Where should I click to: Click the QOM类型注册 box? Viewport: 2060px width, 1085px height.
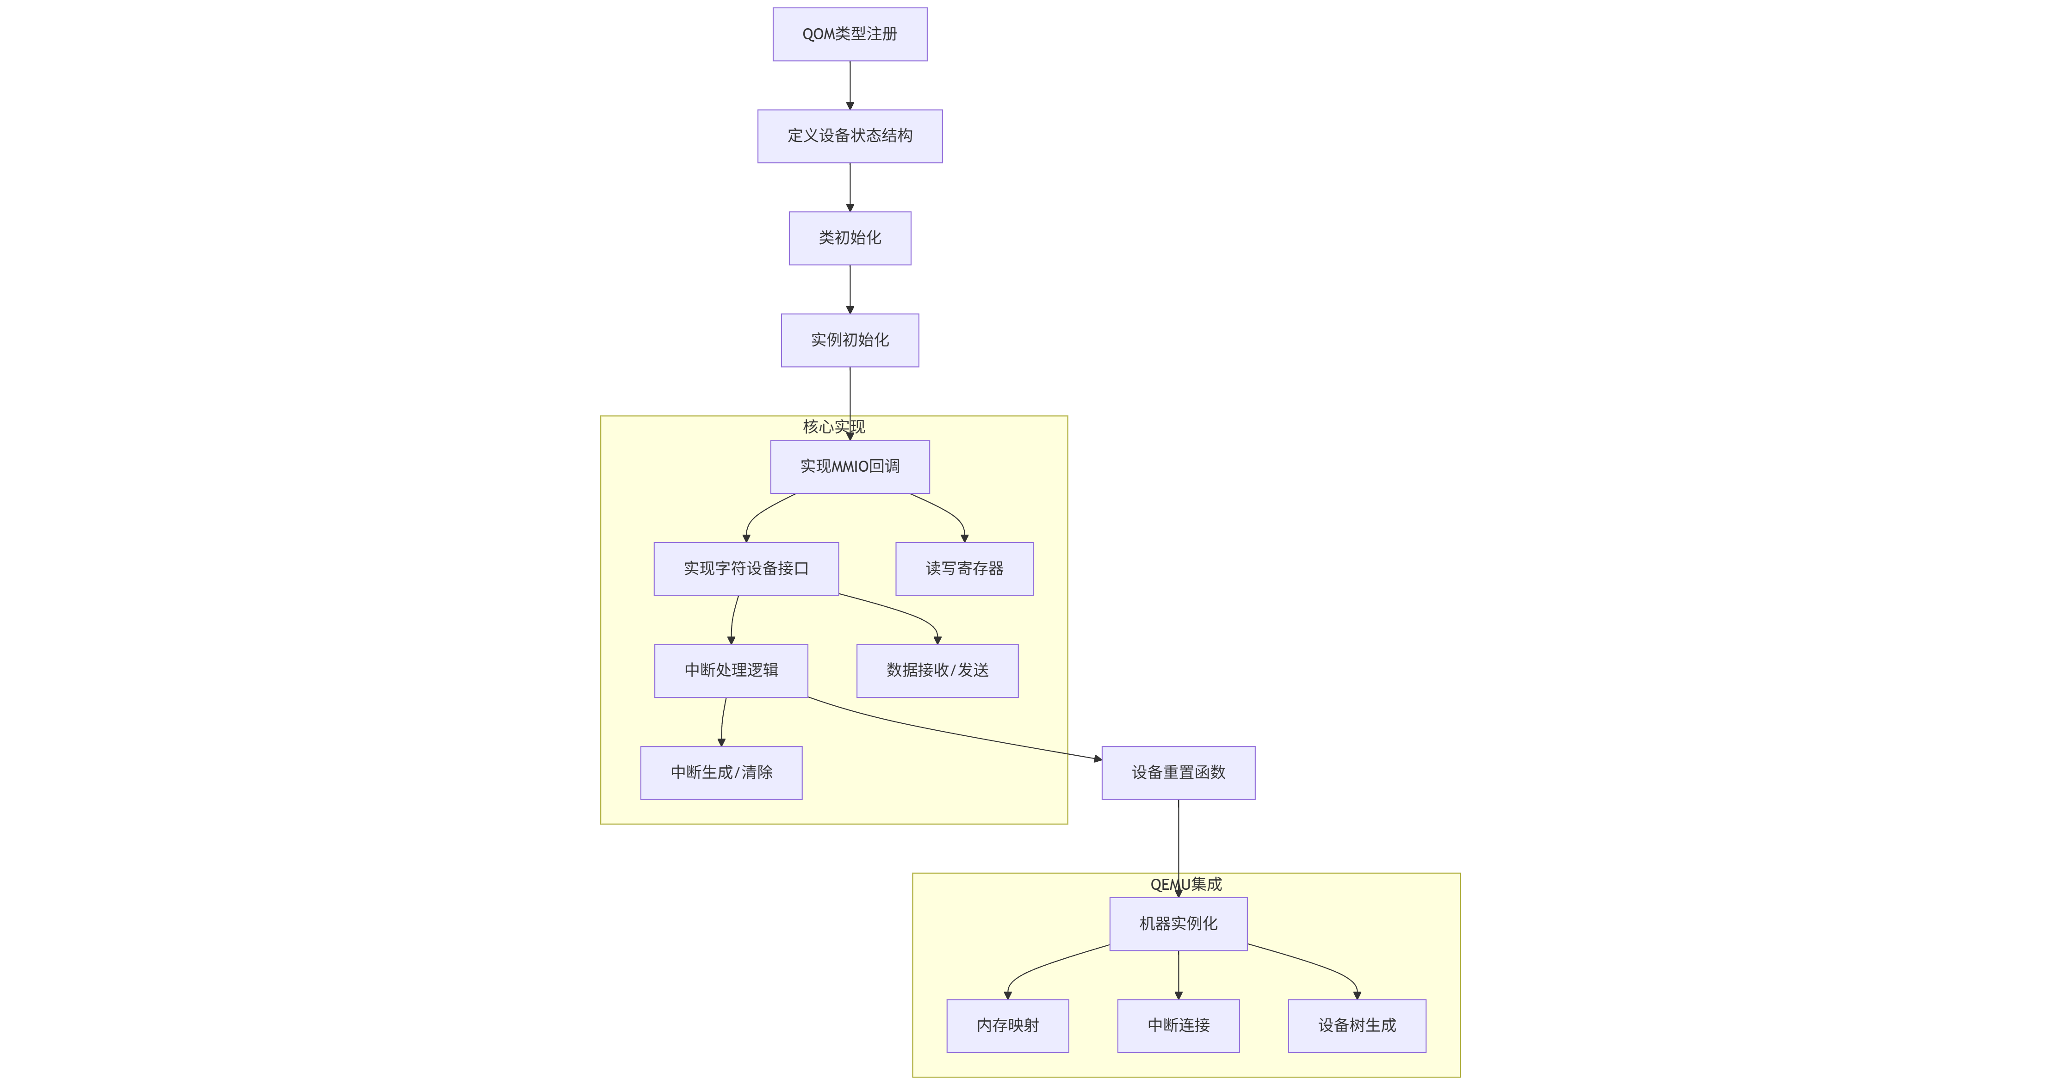849,34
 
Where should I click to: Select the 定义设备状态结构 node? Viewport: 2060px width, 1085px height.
849,136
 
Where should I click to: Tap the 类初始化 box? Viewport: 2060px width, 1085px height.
849,238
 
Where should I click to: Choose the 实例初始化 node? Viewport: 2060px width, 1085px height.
849,340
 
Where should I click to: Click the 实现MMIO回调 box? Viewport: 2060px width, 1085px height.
849,466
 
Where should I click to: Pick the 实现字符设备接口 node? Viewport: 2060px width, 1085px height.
745,568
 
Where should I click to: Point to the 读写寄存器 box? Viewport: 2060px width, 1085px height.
964,568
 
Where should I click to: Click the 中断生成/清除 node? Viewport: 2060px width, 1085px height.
720,772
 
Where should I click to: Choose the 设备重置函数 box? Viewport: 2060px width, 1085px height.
1178,772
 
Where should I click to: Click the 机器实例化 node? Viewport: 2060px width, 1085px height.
1178,924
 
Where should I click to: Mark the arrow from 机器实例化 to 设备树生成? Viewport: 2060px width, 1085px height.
1320,963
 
